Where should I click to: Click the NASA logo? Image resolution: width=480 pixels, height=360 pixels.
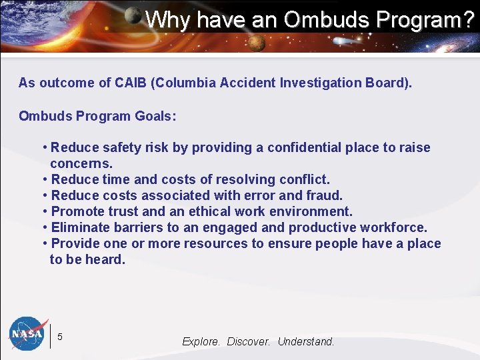[29, 333]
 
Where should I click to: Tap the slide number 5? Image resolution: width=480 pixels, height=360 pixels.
[60, 337]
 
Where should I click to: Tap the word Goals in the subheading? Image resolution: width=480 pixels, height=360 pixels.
[155, 116]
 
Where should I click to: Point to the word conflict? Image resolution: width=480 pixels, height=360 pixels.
[305, 179]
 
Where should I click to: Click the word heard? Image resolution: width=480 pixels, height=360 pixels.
[107, 259]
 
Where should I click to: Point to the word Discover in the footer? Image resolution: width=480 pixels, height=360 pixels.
[248, 341]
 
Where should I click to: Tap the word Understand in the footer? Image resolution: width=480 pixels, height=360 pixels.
[305, 341]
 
